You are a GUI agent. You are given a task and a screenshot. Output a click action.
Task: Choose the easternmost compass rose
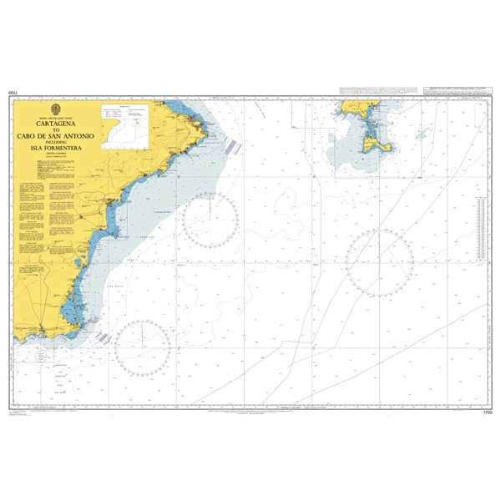coord(379,262)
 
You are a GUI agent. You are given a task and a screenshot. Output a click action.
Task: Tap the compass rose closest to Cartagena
coord(142,347)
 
